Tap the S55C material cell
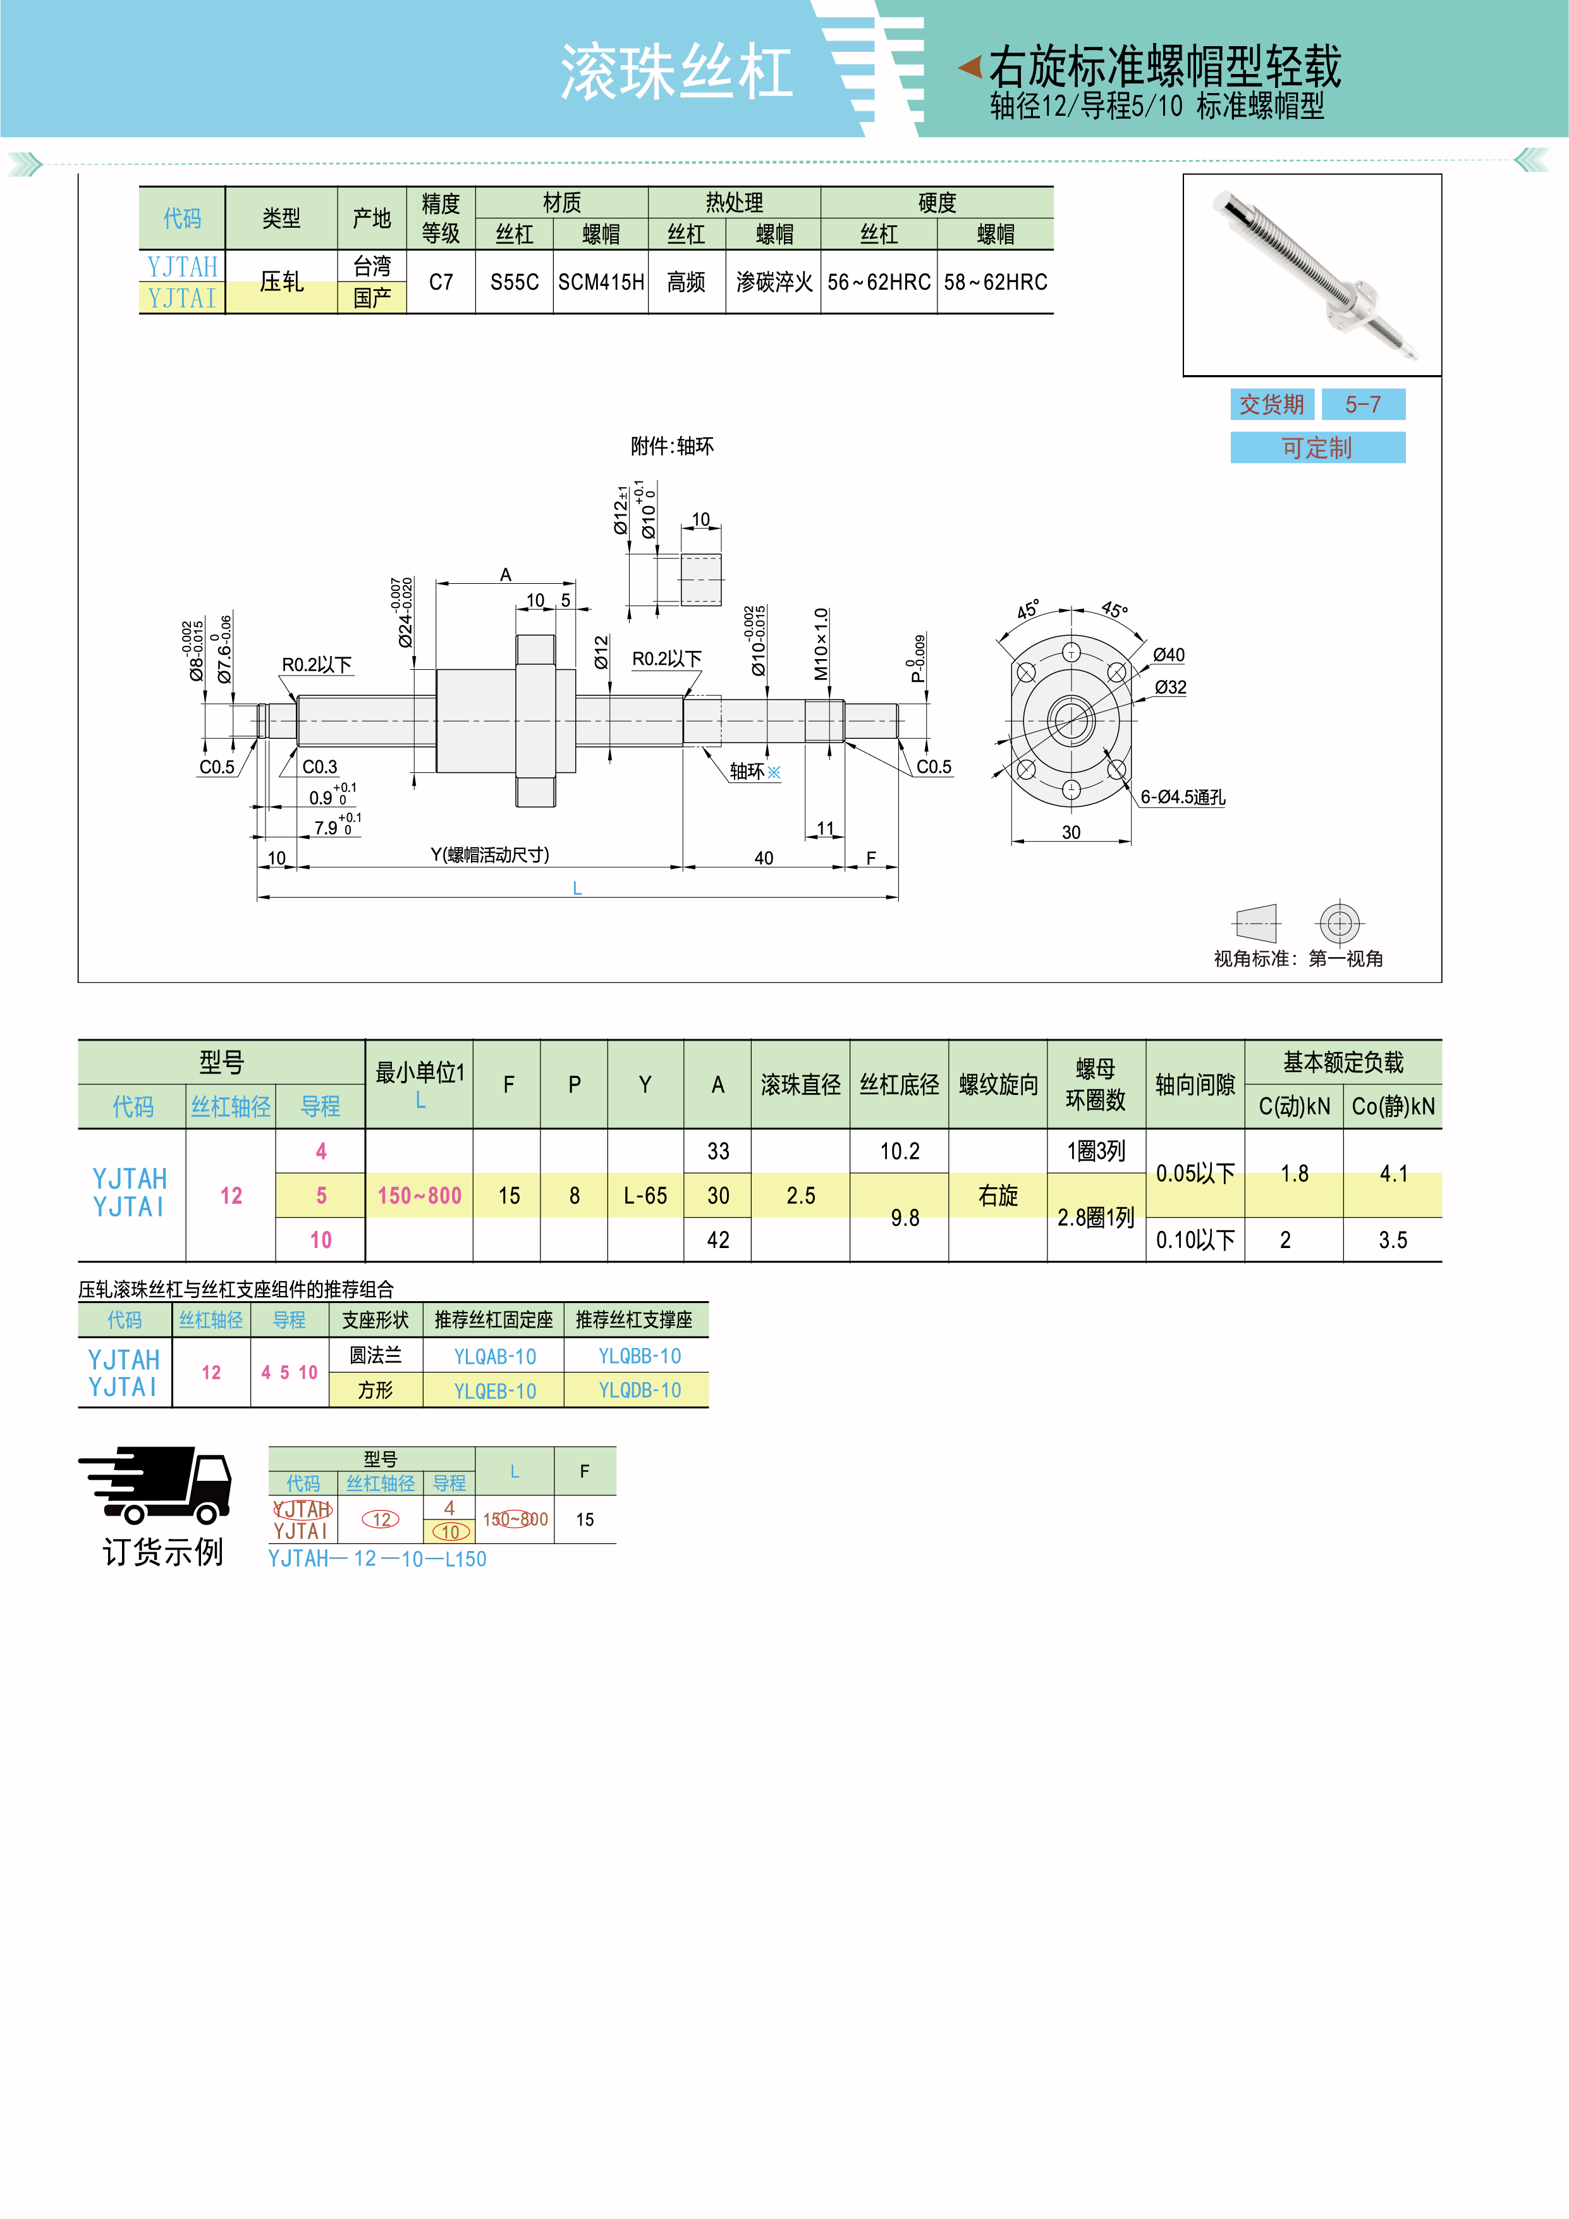click(x=514, y=282)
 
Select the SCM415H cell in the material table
click(x=601, y=282)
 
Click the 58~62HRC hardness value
click(x=995, y=282)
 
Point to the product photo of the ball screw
click(x=1311, y=275)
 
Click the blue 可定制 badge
click(x=1317, y=447)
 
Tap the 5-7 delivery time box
click(x=1362, y=404)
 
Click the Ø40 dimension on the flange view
click(x=1169, y=655)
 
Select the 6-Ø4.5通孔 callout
click(x=1183, y=797)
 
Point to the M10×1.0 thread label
click(x=821, y=644)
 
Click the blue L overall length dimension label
click(x=577, y=888)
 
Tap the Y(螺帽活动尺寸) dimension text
click(x=490, y=855)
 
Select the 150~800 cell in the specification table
click(x=419, y=1196)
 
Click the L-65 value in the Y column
click(x=645, y=1196)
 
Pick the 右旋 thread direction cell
click(x=998, y=1196)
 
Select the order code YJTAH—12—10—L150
click(x=377, y=1559)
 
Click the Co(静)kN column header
click(x=1392, y=1106)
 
